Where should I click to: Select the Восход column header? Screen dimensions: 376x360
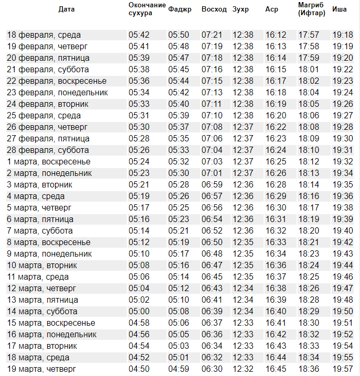[214, 9]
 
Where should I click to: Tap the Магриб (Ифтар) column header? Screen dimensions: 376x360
[311, 9]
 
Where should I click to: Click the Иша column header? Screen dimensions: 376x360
[340, 9]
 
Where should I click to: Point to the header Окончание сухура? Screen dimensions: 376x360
[147, 9]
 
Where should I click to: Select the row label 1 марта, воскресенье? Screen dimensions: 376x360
[49, 162]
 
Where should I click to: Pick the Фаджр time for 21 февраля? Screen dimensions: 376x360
[179, 70]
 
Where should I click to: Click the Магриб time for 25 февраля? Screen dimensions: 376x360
[309, 116]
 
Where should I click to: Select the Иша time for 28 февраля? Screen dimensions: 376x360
[343, 150]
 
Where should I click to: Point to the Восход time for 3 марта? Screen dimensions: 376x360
[212, 185]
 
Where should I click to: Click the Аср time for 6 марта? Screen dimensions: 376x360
[276, 219]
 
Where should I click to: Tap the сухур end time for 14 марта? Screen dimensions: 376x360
[139, 312]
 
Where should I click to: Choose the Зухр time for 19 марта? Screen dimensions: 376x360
[243, 369]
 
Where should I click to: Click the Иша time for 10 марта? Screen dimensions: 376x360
[343, 266]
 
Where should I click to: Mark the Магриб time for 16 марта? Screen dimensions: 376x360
[309, 335]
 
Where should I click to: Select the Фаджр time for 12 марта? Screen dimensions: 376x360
[179, 289]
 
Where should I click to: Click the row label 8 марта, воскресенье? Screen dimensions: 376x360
[49, 242]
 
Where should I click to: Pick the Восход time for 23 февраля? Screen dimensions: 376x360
[212, 93]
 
